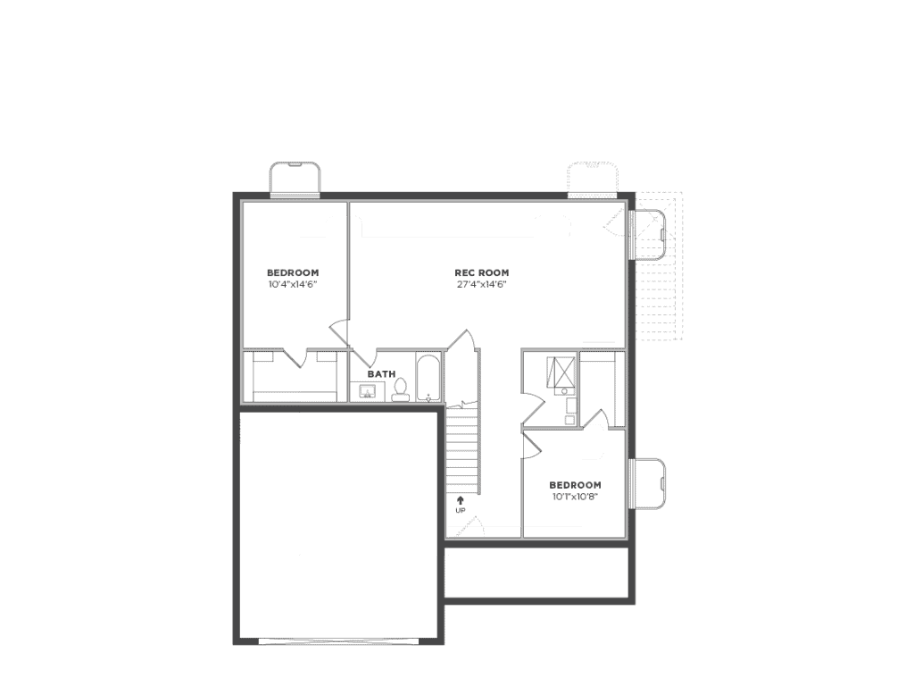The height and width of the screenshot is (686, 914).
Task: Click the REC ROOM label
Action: pos(481,272)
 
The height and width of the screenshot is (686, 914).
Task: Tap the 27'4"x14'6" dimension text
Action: pos(481,285)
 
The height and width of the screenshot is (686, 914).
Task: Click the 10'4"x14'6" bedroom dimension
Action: pos(293,285)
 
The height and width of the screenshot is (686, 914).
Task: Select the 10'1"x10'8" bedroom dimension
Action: pos(576,497)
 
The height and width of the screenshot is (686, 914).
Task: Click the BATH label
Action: pos(381,374)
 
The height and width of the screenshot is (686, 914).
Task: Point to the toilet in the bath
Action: pos(401,389)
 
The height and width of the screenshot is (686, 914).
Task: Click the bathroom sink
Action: pos(368,391)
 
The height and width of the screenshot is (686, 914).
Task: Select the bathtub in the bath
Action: pos(428,378)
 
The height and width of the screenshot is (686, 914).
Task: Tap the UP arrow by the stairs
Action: pos(461,500)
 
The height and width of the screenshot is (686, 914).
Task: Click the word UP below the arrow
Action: pos(461,511)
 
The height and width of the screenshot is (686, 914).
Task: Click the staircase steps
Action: pos(463,450)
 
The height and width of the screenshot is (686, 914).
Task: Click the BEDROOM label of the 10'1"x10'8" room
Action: pos(576,485)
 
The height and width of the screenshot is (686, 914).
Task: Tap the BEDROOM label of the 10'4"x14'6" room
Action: pos(293,272)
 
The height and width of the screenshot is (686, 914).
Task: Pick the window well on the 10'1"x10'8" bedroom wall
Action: pos(647,483)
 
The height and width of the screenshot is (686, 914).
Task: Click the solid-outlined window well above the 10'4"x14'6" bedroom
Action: pos(295,178)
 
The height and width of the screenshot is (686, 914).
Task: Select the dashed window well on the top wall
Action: pos(593,178)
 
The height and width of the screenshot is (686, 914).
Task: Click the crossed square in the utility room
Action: pos(561,372)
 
